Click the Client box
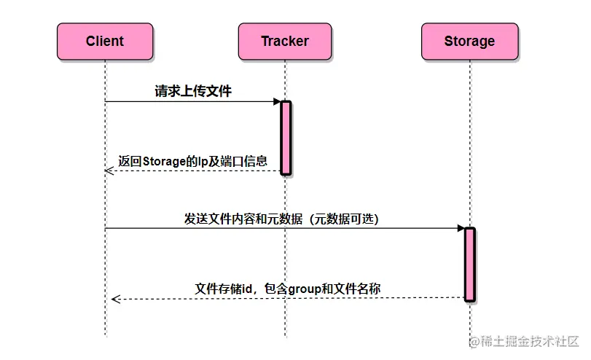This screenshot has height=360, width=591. click(105, 42)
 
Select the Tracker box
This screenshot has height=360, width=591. click(285, 42)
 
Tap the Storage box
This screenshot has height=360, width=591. click(469, 42)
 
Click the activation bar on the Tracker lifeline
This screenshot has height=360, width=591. click(286, 138)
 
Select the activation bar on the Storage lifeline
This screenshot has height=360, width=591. click(469, 264)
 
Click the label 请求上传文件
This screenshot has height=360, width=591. click(193, 92)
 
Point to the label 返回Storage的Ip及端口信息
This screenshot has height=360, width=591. click(192, 161)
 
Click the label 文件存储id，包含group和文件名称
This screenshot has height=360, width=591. click(287, 289)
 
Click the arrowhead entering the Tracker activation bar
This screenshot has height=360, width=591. click(277, 101)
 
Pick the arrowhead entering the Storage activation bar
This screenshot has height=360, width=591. click(461, 228)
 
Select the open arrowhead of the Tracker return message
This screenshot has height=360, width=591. click(109, 171)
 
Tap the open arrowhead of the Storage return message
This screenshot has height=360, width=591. click(115, 298)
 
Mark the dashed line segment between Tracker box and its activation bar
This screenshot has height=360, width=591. click(285, 80)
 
